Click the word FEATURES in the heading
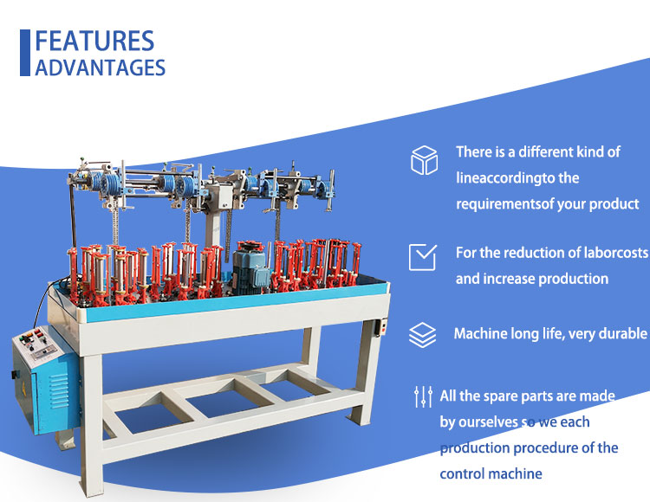[x=94, y=41]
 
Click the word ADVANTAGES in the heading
[x=100, y=68]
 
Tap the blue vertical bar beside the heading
[x=25, y=53]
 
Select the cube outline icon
[x=424, y=160]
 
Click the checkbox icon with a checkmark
[x=422, y=257]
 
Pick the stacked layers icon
[x=422, y=334]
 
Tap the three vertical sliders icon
[x=423, y=396]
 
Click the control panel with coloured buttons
[x=37, y=344]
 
